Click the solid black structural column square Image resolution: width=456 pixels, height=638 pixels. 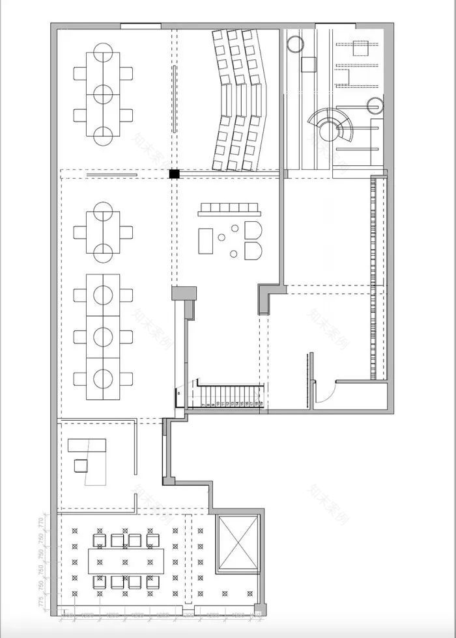(174, 174)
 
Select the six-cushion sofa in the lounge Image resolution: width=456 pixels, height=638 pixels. (231, 209)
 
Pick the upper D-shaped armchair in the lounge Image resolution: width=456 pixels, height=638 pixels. (253, 230)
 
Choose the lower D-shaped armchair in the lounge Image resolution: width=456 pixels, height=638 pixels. (253, 250)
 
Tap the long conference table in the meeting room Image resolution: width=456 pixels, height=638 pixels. (127, 559)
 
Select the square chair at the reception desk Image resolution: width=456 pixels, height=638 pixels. (81, 465)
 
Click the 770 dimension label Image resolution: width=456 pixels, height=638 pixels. (40, 521)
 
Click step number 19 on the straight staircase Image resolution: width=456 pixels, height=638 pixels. (261, 404)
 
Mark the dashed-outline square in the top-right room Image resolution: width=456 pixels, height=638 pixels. (357, 46)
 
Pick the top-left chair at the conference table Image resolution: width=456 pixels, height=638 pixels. (100, 540)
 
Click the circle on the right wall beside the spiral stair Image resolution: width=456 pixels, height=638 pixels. (374, 103)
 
